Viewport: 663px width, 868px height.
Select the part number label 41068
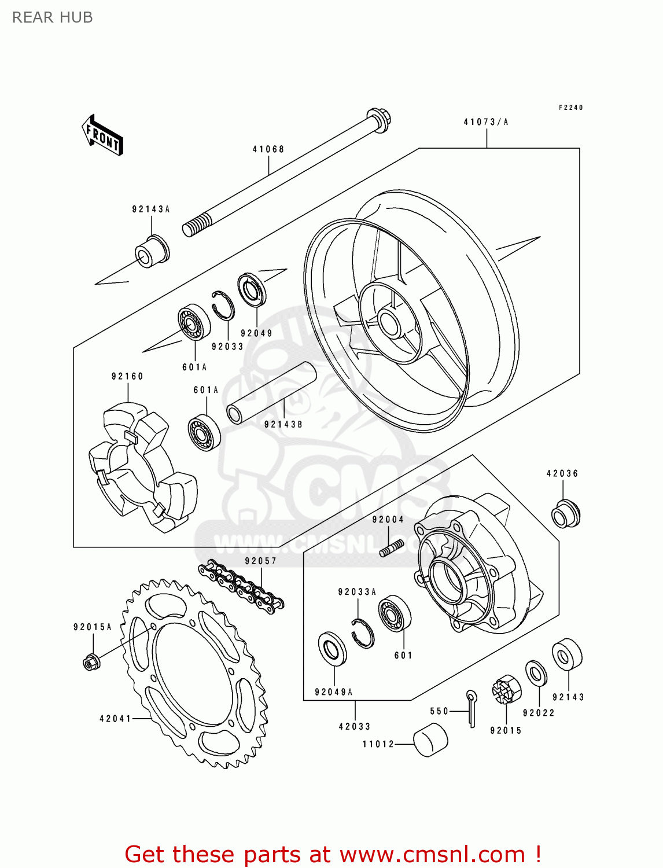coord(268,149)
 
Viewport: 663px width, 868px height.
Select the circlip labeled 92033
coord(223,305)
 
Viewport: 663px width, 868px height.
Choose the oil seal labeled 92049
coord(252,290)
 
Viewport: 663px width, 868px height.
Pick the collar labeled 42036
coord(565,513)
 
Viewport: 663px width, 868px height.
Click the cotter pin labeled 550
coord(472,708)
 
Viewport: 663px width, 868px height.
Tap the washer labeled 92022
coord(536,674)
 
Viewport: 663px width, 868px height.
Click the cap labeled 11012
coord(430,740)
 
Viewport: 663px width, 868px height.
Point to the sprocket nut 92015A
coord(90,661)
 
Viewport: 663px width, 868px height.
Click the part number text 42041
coord(115,719)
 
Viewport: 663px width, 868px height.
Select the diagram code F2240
coord(570,108)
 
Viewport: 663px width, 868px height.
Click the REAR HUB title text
coord(53,17)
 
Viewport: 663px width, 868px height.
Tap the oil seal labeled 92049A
coord(333,649)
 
